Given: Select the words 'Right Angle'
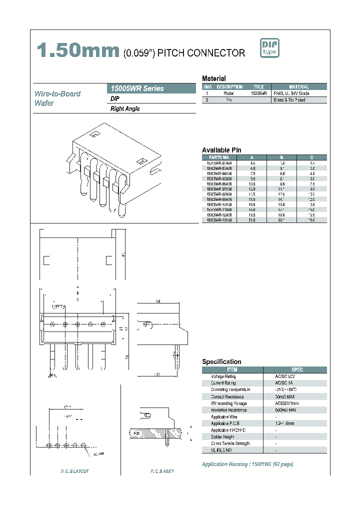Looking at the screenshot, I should [125, 109].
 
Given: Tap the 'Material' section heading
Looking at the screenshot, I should [213, 78].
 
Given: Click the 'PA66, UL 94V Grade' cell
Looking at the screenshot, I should [298, 93].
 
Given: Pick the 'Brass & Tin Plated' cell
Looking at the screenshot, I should [298, 100].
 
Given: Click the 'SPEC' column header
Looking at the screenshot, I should [296, 369].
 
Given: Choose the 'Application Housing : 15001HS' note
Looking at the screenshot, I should [247, 464].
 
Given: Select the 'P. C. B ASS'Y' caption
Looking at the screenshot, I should [162, 472].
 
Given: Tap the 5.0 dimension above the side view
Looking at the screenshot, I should [157, 301].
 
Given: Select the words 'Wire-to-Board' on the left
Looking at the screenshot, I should [57, 93].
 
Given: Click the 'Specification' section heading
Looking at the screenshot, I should [221, 361].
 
